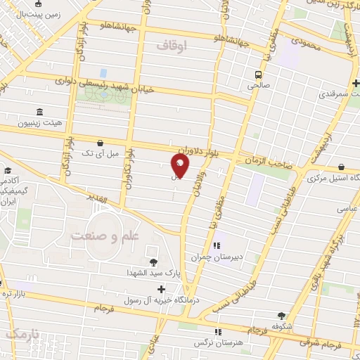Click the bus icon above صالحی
259,74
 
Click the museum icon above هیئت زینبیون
38,112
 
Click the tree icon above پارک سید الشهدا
153,262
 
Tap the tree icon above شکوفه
282,316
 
